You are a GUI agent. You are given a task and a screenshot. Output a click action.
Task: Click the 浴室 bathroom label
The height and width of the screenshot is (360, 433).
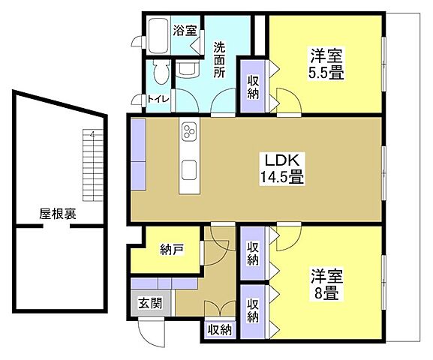pyautogui.click(x=184, y=31)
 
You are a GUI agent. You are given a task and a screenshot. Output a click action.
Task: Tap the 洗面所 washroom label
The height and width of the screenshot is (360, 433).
pyautogui.click(x=219, y=59)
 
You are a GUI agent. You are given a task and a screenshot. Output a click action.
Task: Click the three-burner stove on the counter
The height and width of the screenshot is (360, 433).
pyautogui.click(x=188, y=133)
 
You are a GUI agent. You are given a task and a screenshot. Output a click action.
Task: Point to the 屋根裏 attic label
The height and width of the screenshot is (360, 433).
pyautogui.click(x=58, y=214)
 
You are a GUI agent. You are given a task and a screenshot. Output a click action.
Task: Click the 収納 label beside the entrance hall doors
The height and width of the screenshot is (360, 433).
pyautogui.click(x=220, y=329)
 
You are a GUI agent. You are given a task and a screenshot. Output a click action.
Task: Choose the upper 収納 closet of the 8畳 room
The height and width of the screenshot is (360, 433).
pyautogui.click(x=253, y=253)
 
